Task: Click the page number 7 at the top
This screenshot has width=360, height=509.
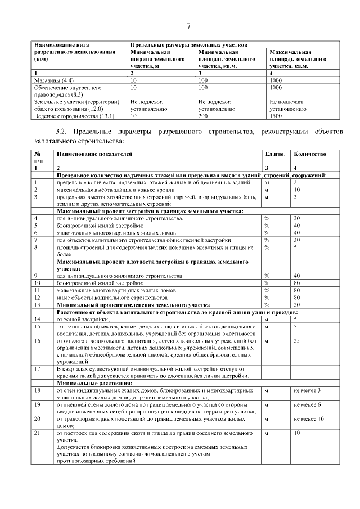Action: point(188,26)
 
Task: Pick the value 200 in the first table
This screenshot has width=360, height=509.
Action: point(204,116)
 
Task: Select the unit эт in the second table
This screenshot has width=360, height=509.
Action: point(267,182)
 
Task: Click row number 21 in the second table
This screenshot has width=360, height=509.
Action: point(37,433)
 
